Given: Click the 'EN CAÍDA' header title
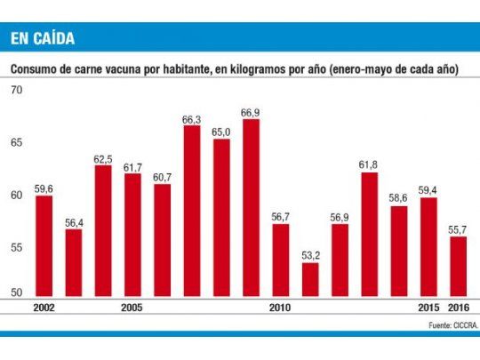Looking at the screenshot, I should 42,38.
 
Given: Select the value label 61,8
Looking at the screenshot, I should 369,164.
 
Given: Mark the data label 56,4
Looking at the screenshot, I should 74,221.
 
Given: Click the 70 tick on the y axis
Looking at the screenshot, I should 16,91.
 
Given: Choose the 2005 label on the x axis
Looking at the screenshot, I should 132,308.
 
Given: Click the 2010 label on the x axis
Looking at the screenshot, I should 281,308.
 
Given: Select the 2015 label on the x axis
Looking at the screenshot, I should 428,308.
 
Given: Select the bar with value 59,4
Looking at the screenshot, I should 428,248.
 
